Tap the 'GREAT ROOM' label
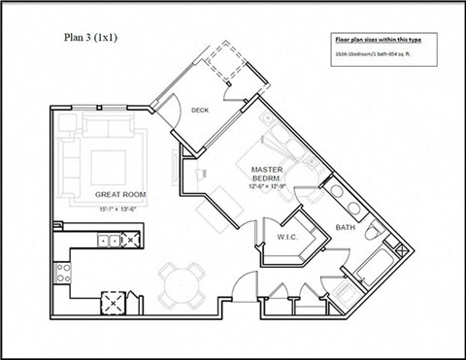pos(120,194)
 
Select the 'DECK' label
pos(201,110)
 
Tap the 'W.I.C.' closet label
pos(288,236)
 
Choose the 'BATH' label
pos(347,228)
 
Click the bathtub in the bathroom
pos(374,266)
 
